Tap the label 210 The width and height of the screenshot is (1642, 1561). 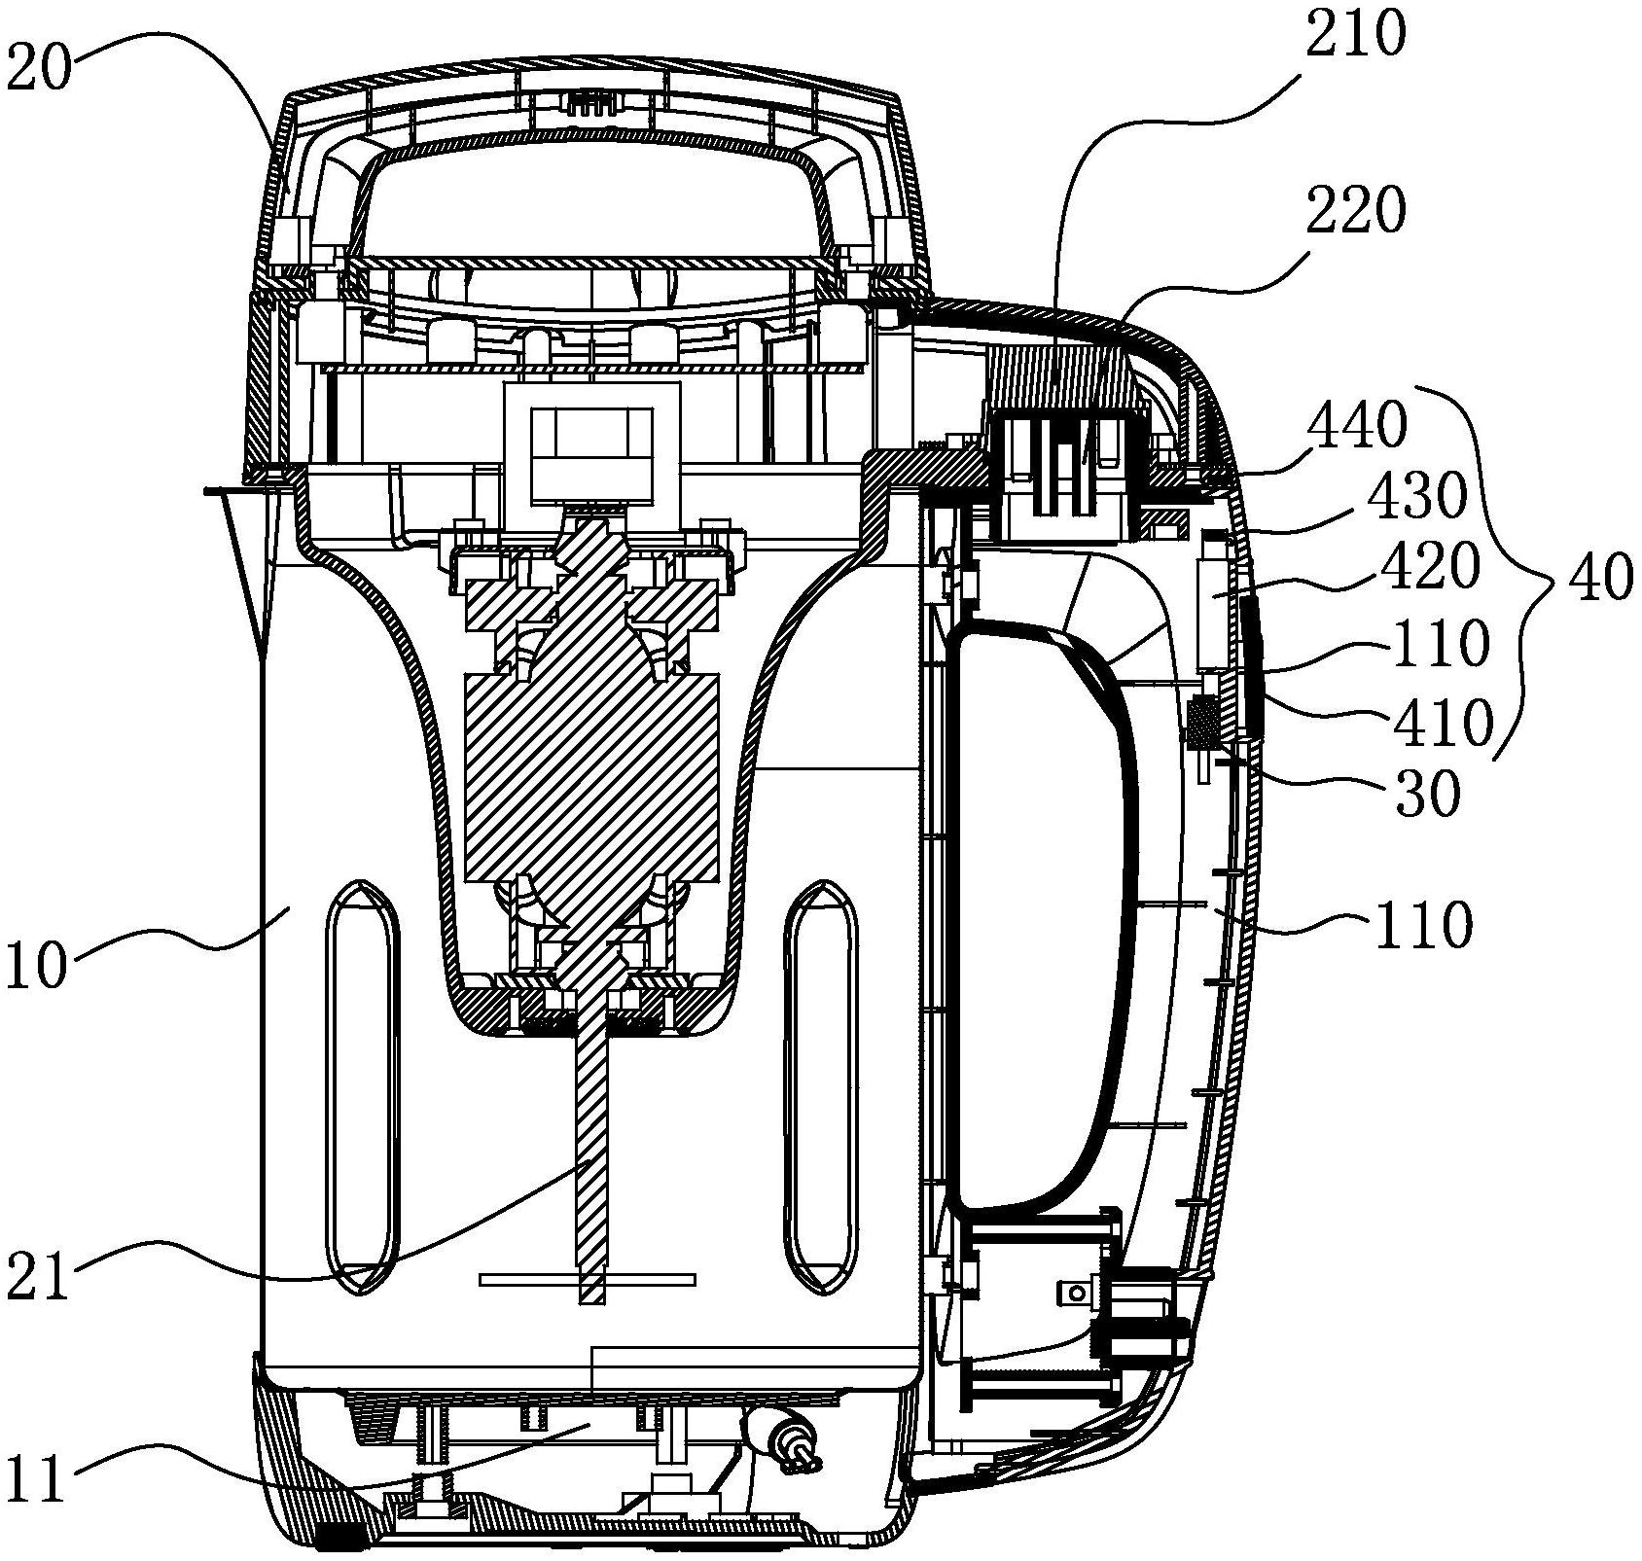click(1358, 37)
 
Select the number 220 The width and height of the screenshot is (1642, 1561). click(1357, 210)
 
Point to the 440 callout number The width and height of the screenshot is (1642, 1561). click(1359, 425)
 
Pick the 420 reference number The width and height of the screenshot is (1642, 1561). click(1431, 568)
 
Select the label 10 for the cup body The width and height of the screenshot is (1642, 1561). click(37, 966)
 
